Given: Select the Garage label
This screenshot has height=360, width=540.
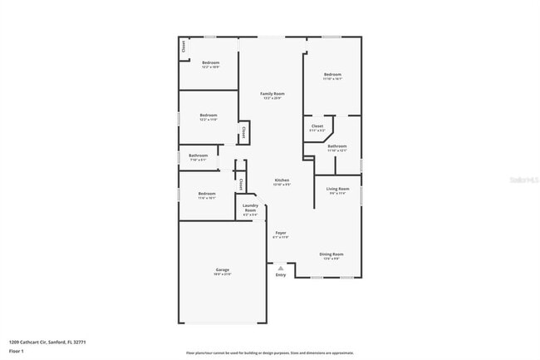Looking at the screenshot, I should [222, 271].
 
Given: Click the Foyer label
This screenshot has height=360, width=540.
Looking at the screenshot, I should [281, 234].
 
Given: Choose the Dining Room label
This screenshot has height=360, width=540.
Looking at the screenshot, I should [331, 256].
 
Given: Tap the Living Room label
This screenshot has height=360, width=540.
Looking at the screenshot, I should [336, 190].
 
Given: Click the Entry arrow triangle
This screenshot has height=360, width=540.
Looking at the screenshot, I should [281, 269].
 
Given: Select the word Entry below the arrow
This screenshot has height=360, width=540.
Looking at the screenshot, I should [281, 275].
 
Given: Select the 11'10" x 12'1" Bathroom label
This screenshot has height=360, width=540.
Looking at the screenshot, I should [336, 148].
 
